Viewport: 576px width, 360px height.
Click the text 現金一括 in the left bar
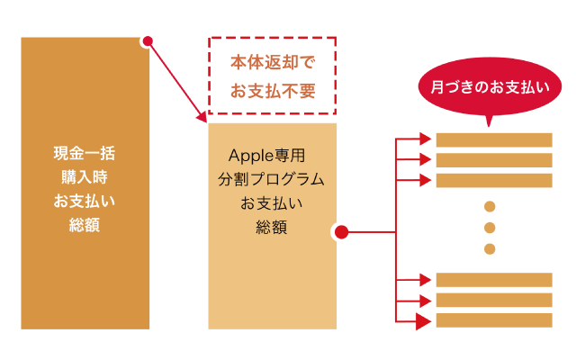[x=85, y=152]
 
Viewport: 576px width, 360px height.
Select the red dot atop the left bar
[x=148, y=40]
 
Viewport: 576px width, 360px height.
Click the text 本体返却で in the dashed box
[x=272, y=65]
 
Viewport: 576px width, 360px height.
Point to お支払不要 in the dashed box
[x=272, y=90]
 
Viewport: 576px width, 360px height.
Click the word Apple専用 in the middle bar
[x=272, y=155]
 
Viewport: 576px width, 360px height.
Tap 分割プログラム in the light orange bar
[x=272, y=179]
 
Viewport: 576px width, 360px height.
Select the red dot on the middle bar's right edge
[x=341, y=232]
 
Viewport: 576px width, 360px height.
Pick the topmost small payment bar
[x=493, y=139]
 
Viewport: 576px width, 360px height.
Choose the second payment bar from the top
[x=493, y=160]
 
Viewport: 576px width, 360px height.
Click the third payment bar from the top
[x=493, y=181]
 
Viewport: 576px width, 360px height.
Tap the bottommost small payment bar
[x=493, y=320]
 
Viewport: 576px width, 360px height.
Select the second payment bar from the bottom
[x=493, y=300]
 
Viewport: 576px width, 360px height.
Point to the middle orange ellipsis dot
[x=490, y=228]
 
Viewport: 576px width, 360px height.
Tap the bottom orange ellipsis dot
[x=490, y=248]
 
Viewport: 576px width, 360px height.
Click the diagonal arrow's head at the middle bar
[x=202, y=117]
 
